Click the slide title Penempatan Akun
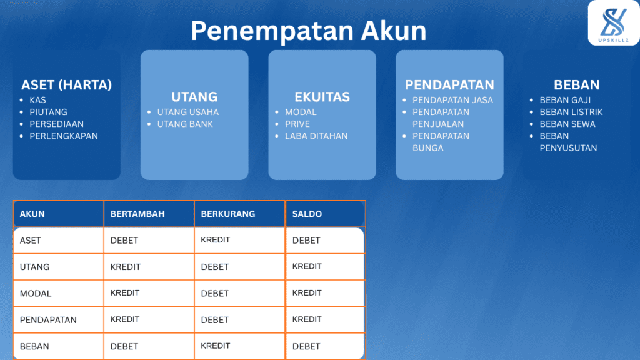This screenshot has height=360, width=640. [308, 31]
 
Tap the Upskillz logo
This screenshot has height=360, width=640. [613, 22]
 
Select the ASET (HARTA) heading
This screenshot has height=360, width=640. [66, 85]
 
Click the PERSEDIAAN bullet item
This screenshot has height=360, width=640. [56, 124]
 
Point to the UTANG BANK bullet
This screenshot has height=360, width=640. [185, 124]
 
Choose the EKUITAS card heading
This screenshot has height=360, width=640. [322, 97]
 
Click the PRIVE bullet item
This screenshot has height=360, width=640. [297, 124]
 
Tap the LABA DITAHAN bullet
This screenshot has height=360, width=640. [316, 136]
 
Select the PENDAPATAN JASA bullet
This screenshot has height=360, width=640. [452, 100]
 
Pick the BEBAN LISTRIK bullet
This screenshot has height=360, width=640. [571, 112]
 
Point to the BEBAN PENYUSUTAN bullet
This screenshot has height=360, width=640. [568, 142]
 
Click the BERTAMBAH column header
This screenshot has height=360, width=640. [137, 214]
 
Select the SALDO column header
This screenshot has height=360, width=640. [307, 214]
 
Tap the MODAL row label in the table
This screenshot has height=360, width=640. [36, 293]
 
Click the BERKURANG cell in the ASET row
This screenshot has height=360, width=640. [216, 240]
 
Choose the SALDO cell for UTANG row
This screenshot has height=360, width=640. [307, 266]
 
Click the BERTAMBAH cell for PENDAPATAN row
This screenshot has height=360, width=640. [125, 319]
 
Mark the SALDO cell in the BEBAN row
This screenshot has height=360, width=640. [306, 346]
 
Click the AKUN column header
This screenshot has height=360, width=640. [32, 214]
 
